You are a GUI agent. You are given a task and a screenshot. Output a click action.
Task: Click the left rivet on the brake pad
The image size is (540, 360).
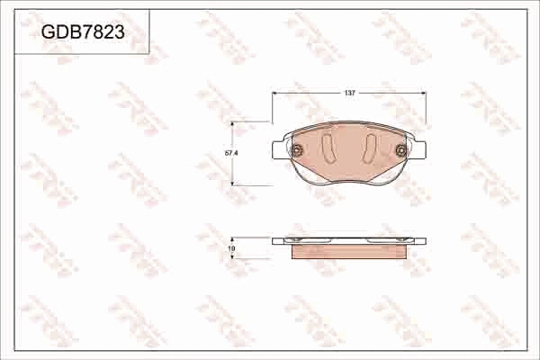296,150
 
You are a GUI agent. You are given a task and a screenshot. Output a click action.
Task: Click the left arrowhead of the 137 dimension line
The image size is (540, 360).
274,93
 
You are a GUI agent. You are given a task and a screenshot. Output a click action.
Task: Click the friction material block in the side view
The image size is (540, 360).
349,252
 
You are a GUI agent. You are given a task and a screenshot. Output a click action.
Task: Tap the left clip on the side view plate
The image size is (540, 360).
289,240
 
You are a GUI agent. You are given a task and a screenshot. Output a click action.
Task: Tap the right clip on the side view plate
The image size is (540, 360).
409,240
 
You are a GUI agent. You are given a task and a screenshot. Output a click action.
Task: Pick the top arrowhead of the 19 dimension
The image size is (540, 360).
233,239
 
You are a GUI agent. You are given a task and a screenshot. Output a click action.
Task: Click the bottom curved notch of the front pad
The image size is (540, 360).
349,184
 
